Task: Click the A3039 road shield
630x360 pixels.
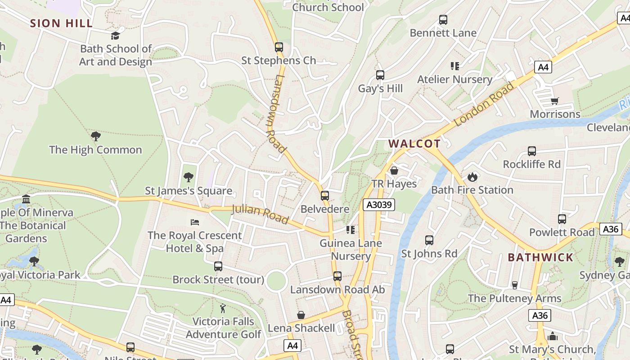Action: pos(379,205)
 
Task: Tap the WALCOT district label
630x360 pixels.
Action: pos(414,144)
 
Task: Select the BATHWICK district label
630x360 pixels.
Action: pos(540,257)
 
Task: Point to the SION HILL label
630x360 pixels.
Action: pos(61,23)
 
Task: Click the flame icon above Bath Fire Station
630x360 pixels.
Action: pos(472,176)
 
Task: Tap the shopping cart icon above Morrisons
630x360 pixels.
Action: pos(554,101)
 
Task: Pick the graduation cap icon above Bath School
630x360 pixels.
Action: pos(116,36)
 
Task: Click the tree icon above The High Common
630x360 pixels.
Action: pos(95,136)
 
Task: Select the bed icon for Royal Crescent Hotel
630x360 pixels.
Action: pos(195,222)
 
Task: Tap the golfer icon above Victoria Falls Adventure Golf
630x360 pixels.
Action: pos(223,308)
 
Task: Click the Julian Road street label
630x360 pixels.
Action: pos(260,214)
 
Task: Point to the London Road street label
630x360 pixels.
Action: pos(484,104)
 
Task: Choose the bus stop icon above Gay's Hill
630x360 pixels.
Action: pos(380,75)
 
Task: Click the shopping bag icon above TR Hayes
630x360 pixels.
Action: pos(394,171)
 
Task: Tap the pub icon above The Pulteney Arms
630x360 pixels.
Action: pos(515,285)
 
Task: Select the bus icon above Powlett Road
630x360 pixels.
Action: pos(562,219)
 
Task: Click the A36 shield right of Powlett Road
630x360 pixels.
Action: pos(611,229)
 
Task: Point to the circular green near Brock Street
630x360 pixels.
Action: pos(276,281)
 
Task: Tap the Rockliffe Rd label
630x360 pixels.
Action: pos(532,164)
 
